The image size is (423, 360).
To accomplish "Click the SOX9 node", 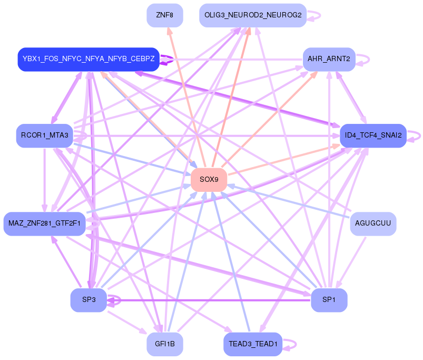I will pyautogui.click(x=209, y=180).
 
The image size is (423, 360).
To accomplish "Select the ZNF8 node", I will pyautogui.click(x=165, y=15).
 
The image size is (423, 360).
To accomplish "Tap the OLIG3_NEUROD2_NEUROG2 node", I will pyautogui.click(x=253, y=15).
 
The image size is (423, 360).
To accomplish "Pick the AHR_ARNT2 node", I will pyautogui.click(x=329, y=59).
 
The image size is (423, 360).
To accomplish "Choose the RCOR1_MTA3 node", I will pyautogui.click(x=44, y=135).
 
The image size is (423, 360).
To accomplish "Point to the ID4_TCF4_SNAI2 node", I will pyautogui.click(x=373, y=135).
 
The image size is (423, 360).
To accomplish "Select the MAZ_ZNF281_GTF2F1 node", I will pyautogui.click(x=44, y=223).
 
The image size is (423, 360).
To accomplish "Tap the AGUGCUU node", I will pyautogui.click(x=373, y=223).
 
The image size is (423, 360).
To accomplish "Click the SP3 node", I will pyautogui.click(x=88, y=300).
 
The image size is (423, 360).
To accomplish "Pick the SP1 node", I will pyautogui.click(x=329, y=300).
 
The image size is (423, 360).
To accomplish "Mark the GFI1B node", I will pyautogui.click(x=165, y=344).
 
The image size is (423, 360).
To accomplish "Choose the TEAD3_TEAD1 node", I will pyautogui.click(x=253, y=344).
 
